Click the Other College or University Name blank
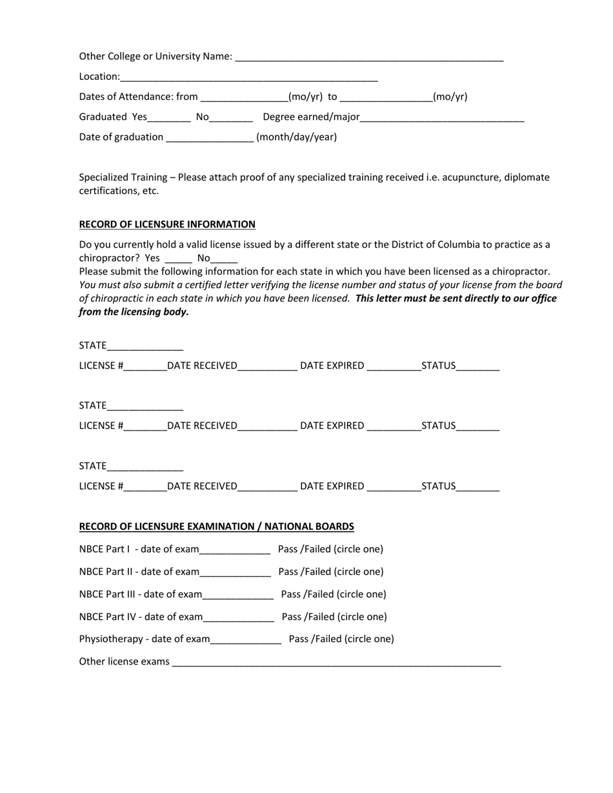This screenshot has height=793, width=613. (369, 57)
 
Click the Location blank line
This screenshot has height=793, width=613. (248, 77)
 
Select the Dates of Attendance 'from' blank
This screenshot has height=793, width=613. (245, 97)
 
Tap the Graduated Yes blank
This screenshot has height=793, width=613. (169, 117)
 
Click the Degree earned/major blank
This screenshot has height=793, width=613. (442, 117)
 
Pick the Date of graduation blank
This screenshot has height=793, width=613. (210, 137)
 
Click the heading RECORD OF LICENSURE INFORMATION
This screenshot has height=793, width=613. (167, 224)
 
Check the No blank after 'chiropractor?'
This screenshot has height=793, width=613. (224, 258)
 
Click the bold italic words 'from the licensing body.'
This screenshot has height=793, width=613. (134, 312)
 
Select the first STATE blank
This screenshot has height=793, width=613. (145, 346)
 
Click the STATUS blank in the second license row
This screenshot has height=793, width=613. (477, 426)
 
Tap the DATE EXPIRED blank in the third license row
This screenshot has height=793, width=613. (394, 487)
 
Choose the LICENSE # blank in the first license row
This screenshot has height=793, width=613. (145, 366)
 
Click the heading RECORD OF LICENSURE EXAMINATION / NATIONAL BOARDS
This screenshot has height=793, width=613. (216, 527)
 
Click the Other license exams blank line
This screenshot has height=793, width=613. (336, 662)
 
